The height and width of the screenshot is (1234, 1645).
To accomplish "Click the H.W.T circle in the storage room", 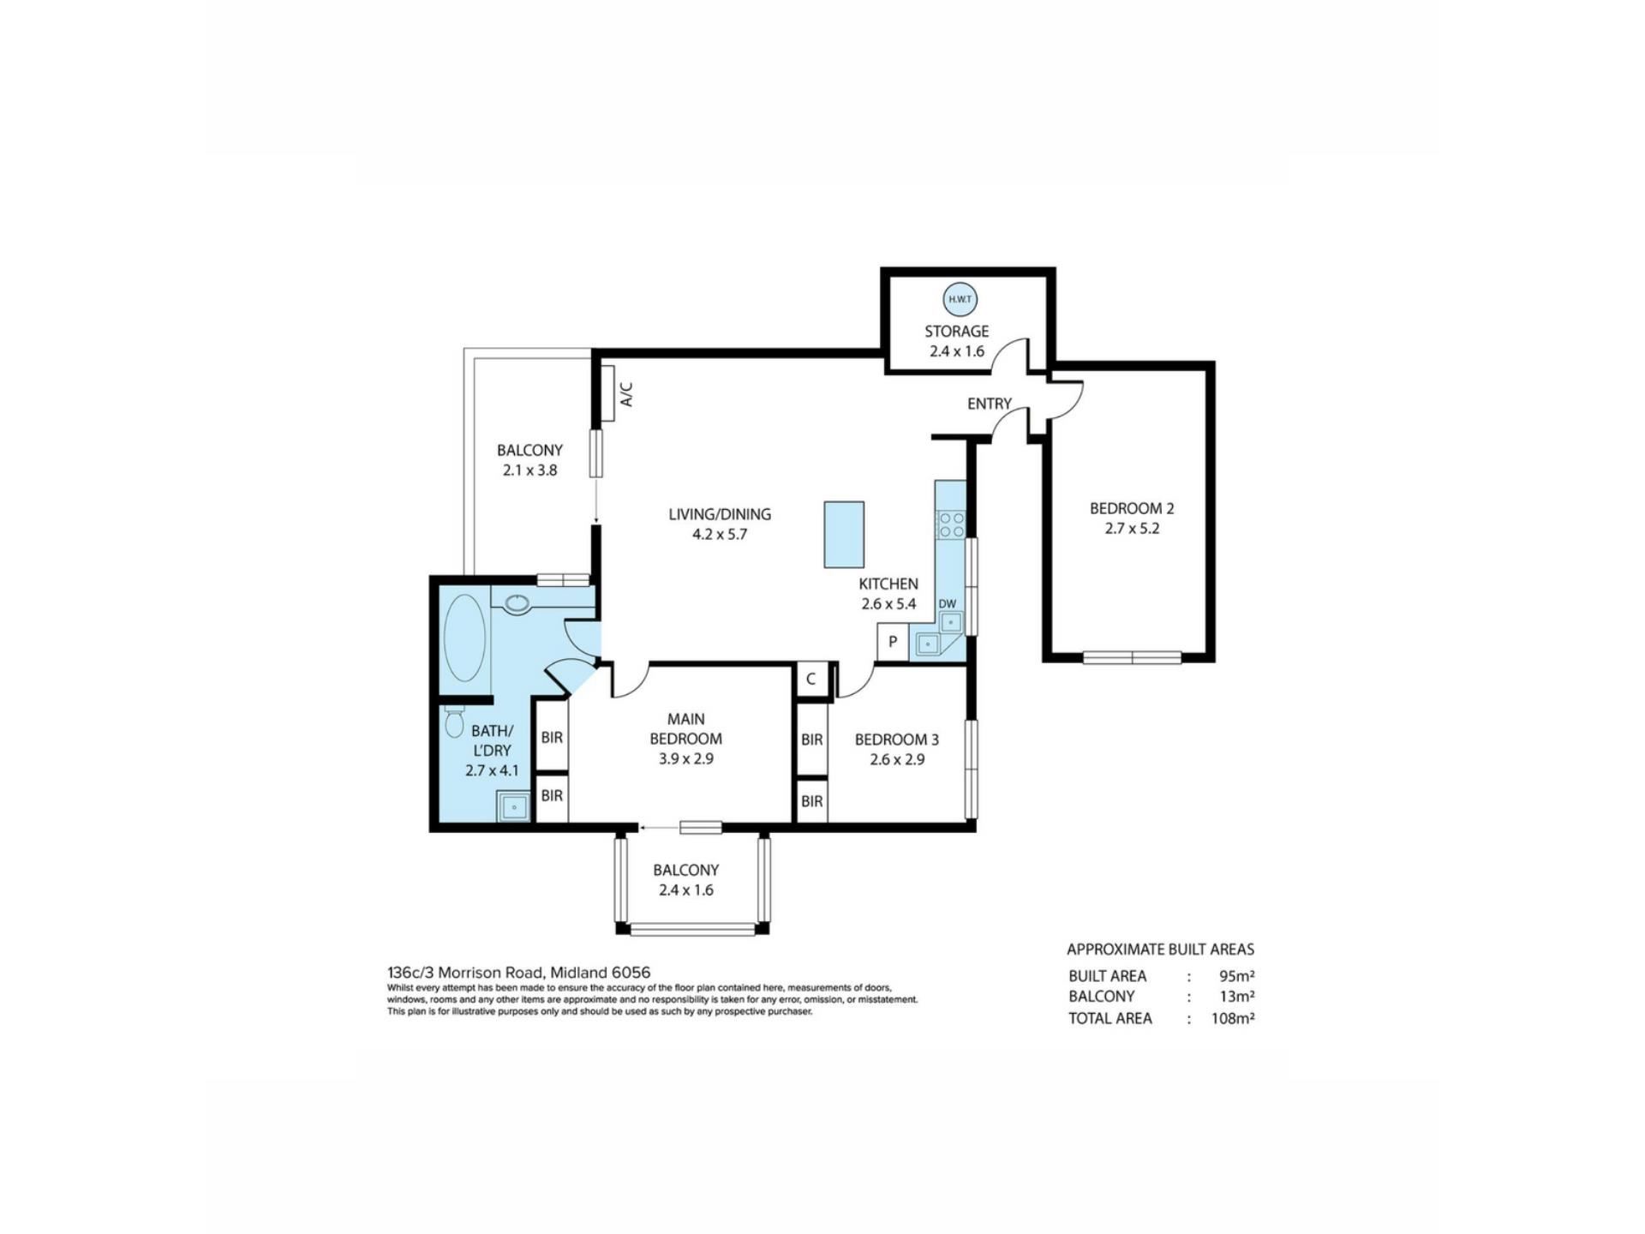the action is pos(960,300).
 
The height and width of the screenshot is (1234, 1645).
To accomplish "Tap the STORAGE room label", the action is pos(956,331).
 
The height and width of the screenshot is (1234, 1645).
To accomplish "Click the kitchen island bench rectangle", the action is pos(844,535).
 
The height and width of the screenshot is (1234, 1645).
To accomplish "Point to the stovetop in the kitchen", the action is pos(951,524).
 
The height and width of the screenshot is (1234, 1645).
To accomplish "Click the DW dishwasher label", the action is pos(947,604).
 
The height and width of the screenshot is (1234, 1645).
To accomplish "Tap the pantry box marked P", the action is pos(893,642).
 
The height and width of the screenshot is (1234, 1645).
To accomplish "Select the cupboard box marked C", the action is pos(811,680).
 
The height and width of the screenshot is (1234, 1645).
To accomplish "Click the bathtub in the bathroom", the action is pos(465,638).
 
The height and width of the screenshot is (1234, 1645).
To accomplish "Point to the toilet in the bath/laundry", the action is pos(454,722).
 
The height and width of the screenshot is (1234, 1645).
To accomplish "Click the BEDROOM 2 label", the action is pos(1132,508).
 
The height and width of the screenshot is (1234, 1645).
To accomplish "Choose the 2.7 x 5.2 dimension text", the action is pos(1132,529).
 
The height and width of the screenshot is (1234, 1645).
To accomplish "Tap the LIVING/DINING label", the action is pos(720,514).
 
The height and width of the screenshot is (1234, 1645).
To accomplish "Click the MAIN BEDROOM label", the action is pos(685,728).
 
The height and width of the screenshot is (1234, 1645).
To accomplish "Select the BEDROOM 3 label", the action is pos(896,740).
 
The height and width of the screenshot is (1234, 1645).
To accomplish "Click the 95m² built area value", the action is pos(1237,976).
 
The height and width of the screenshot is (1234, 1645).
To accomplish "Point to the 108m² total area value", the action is pos(1233,1019).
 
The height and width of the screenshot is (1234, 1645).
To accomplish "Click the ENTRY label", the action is pos(990,404).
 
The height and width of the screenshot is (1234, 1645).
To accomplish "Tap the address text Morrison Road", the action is pos(491,973).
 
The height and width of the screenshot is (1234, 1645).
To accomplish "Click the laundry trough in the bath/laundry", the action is pos(513,806).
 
